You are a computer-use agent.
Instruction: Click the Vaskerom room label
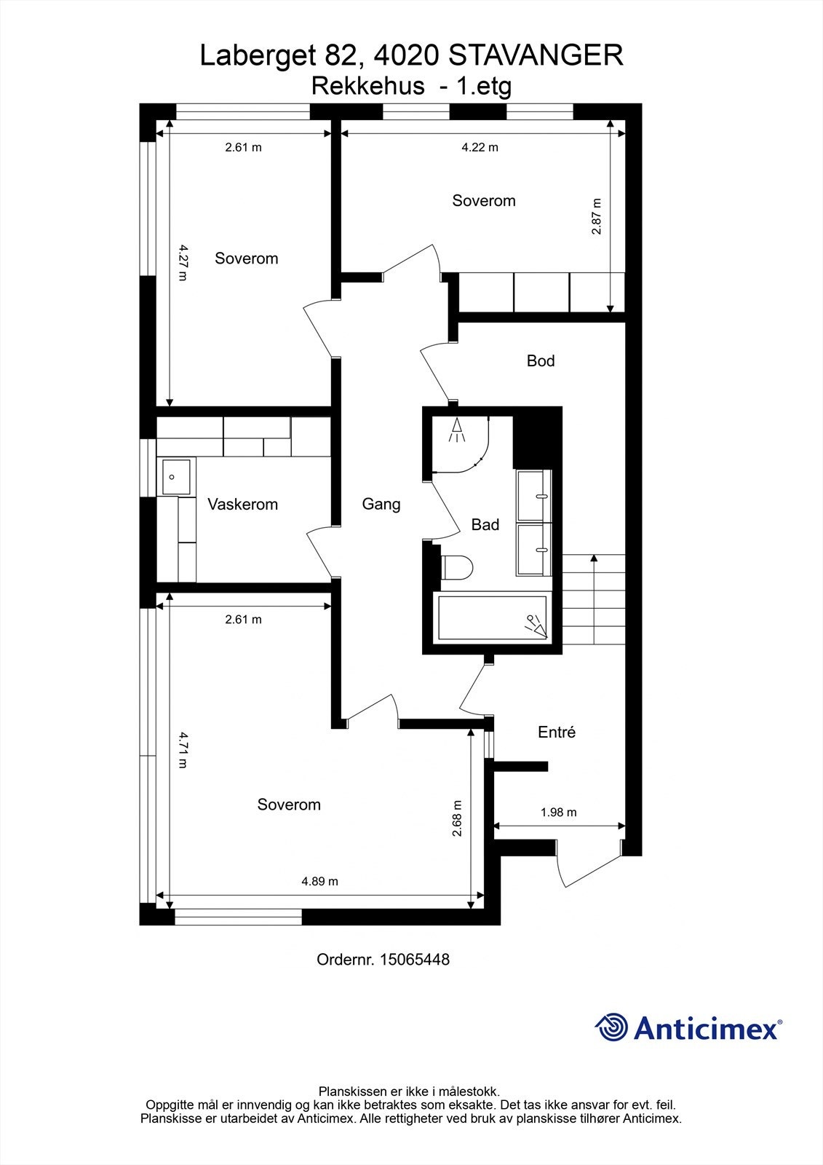242,504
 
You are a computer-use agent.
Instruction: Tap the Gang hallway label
381,504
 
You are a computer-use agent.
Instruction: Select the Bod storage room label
541,361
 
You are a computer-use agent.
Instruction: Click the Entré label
557,732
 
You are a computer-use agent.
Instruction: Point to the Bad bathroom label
485,524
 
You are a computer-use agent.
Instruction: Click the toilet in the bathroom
457,567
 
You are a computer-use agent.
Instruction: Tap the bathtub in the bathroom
490,618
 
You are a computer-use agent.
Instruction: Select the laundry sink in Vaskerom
175,476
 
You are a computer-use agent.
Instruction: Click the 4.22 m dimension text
480,147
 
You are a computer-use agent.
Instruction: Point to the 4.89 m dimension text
320,881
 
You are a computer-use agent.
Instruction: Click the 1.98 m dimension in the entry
559,812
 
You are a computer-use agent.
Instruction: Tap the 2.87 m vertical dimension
597,216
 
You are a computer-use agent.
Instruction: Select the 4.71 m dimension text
183,750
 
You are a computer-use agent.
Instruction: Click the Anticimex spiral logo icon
612,1027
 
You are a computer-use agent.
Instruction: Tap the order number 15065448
413,960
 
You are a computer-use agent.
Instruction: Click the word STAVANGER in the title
536,55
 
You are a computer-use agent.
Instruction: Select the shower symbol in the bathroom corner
458,430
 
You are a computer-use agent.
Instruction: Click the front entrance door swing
589,866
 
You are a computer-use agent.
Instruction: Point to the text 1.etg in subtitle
483,86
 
